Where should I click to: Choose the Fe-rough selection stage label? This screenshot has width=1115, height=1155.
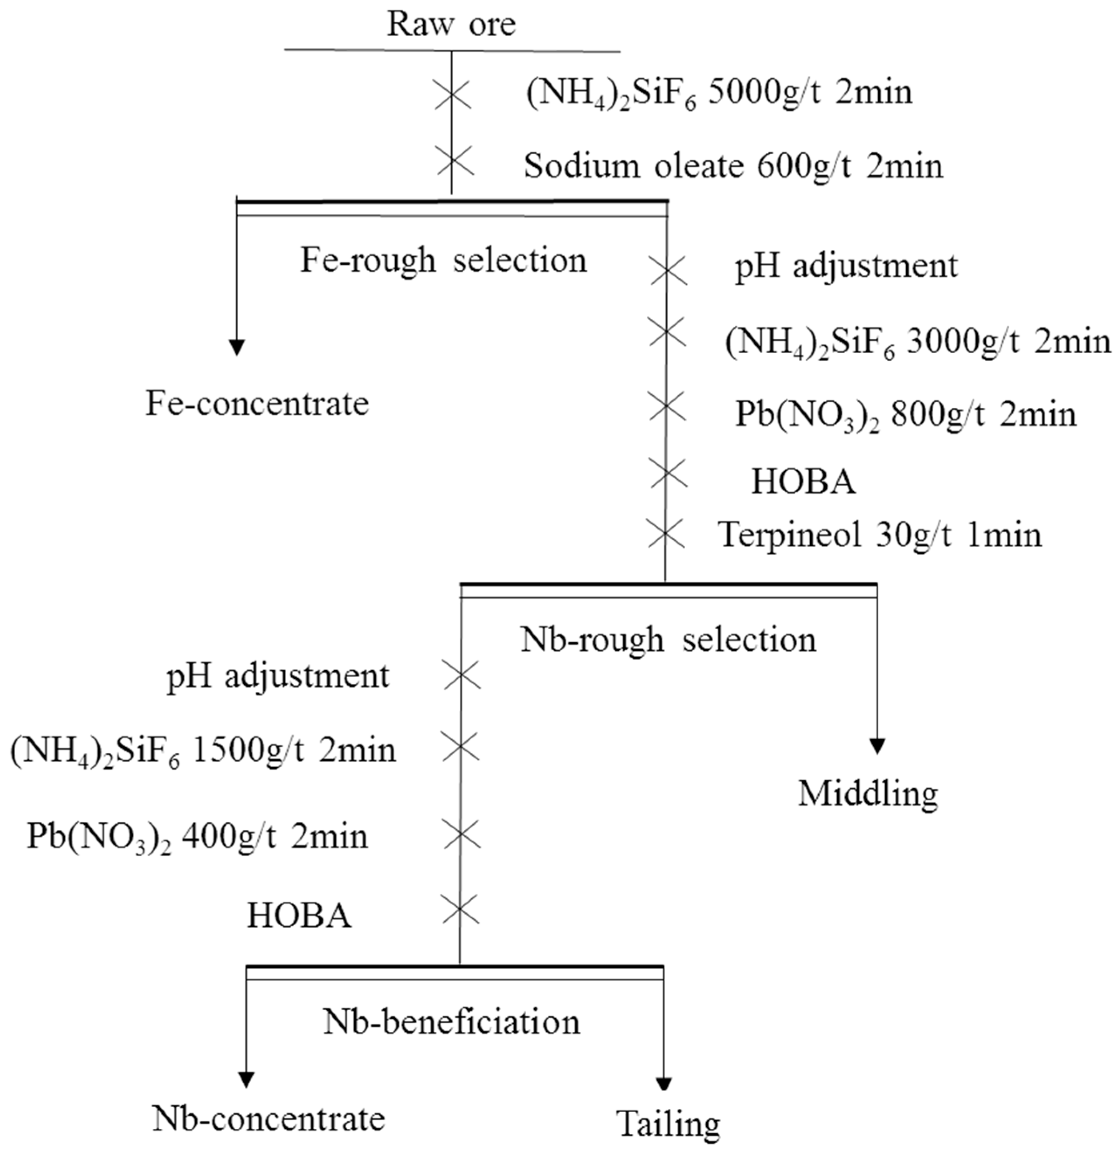click(443, 260)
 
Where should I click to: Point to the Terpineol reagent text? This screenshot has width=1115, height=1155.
click(790, 535)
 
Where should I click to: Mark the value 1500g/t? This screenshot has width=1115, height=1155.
click(248, 751)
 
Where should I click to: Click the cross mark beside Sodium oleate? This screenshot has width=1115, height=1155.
click(454, 160)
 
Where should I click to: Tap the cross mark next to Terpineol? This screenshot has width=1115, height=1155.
click(665, 533)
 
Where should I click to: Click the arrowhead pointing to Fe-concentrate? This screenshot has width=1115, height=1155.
click(236, 348)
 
